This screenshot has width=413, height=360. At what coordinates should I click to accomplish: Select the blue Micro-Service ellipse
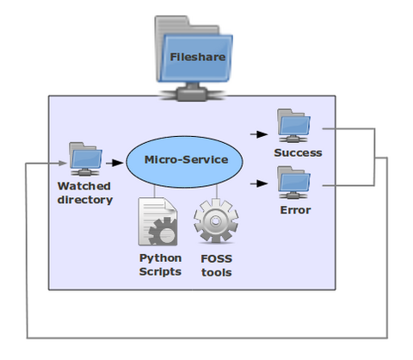[185, 160]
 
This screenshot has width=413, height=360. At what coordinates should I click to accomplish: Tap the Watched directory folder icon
[85, 158]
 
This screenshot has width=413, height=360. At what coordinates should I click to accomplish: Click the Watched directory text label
[84, 193]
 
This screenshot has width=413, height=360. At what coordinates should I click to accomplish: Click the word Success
[297, 152]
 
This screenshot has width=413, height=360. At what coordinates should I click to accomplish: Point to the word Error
[295, 208]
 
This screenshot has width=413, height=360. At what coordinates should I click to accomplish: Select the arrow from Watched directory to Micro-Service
[114, 161]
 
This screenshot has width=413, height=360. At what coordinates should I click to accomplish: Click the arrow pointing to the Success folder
[257, 134]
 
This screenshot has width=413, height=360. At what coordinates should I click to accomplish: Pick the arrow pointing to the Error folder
[257, 183]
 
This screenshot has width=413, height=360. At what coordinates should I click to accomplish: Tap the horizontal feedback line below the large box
[206, 335]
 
